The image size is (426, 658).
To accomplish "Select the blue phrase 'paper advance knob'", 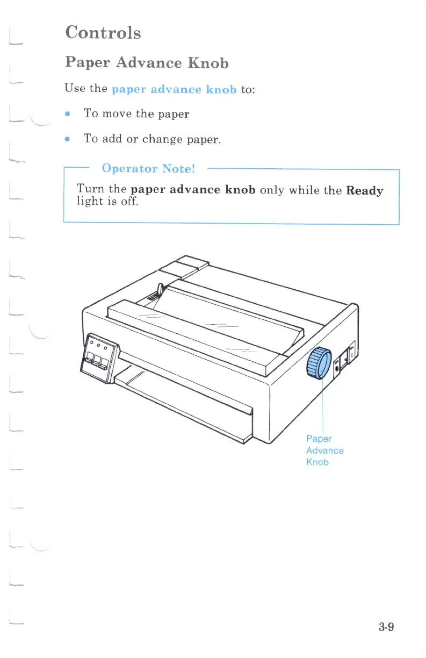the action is (x=174, y=89).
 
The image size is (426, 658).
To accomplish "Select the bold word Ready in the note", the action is (x=365, y=190).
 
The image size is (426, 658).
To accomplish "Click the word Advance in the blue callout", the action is (x=324, y=450).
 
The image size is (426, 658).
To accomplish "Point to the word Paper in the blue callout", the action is (x=319, y=439).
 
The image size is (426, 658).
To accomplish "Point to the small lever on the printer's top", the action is (x=160, y=291).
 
